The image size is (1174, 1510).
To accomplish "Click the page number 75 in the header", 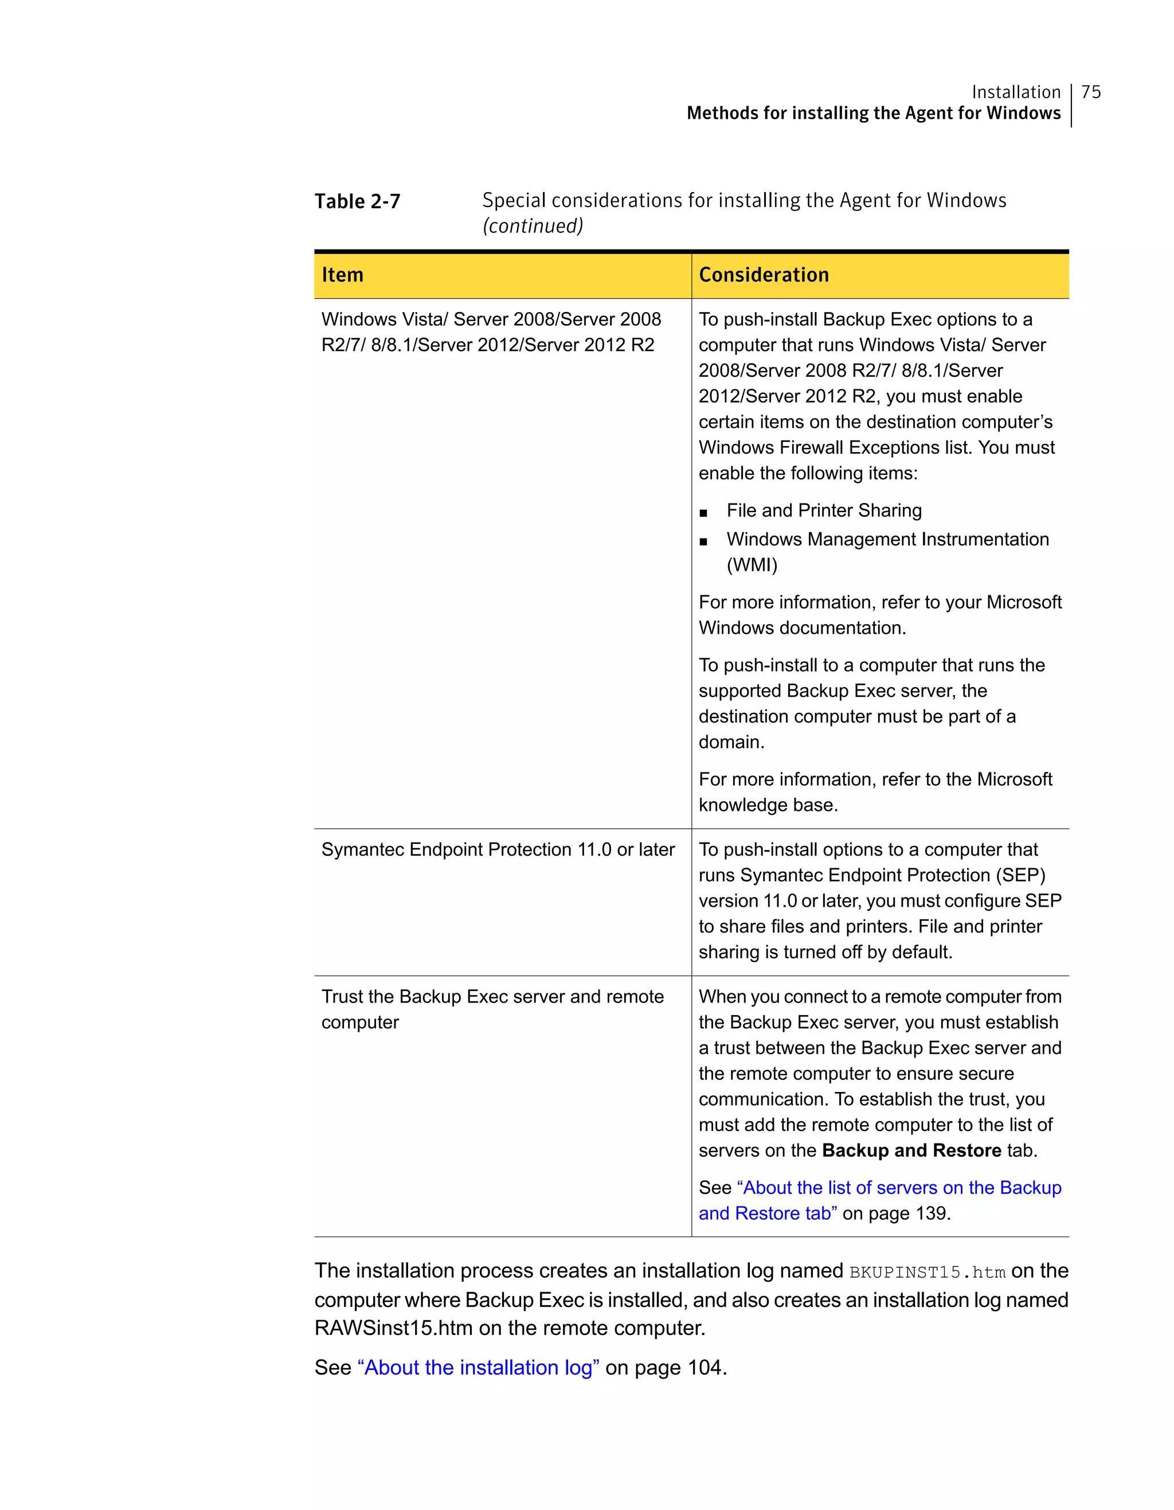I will [1090, 92].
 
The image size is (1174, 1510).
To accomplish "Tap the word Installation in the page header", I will [1015, 92].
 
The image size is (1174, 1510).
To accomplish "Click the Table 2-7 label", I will [357, 201].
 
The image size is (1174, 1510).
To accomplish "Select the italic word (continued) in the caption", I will [533, 226].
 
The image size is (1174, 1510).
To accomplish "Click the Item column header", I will [342, 275].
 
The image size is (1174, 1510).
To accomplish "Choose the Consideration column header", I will [764, 275].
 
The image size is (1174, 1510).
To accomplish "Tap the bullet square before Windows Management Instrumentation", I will [703, 542].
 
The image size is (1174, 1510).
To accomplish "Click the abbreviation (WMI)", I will [752, 565].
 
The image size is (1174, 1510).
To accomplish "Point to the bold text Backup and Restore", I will [911, 1150].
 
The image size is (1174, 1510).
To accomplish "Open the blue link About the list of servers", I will [898, 1188].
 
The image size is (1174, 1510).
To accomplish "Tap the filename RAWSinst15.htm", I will [393, 1328].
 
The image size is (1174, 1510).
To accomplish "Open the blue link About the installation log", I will [478, 1368].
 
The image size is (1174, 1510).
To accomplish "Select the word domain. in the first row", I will [731, 743].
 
